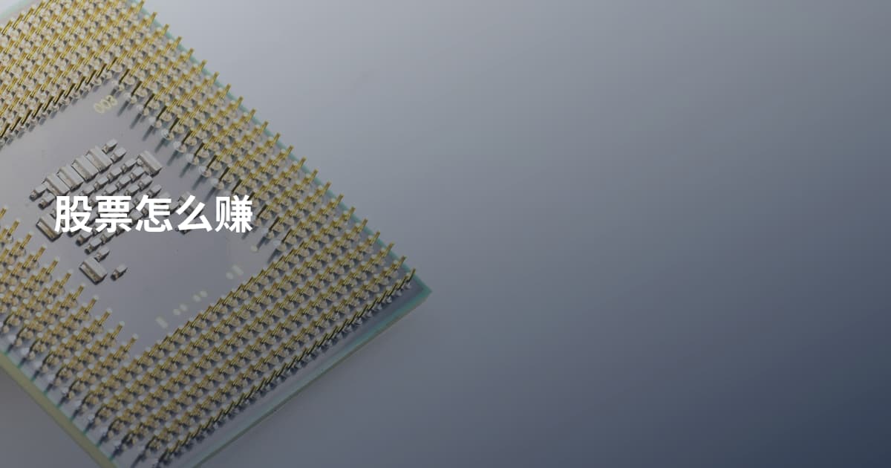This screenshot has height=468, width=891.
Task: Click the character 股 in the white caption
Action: pos(74,214)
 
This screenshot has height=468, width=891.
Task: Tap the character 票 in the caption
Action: pos(114,214)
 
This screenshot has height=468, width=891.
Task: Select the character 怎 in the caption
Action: pos(154,214)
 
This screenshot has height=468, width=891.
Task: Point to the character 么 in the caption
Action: pos(194,214)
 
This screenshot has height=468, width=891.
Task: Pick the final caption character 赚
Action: pos(234,214)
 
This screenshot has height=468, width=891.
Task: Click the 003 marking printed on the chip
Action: pos(105,104)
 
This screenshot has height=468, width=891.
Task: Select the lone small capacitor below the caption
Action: pos(119,272)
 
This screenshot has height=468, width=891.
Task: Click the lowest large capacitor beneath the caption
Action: pos(93,269)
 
